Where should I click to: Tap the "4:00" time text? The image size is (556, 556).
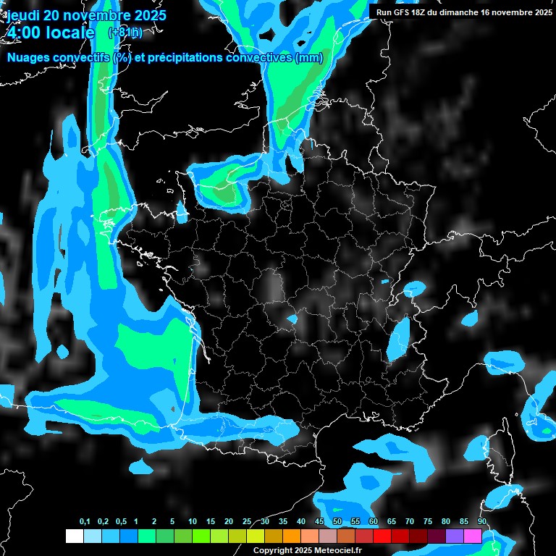24,33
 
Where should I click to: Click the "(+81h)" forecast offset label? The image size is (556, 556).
125,33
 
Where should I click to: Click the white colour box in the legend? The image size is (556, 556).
74,536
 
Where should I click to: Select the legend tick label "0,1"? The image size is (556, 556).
84,522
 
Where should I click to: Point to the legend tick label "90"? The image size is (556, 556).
481,522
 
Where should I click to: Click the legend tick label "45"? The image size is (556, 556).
319,522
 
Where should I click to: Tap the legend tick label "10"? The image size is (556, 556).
192,522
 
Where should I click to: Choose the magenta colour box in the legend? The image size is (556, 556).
472,536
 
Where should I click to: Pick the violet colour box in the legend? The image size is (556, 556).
454,536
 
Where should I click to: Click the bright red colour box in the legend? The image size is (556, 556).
382,536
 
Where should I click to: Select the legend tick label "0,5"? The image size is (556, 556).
120,522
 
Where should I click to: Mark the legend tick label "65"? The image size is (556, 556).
391,522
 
